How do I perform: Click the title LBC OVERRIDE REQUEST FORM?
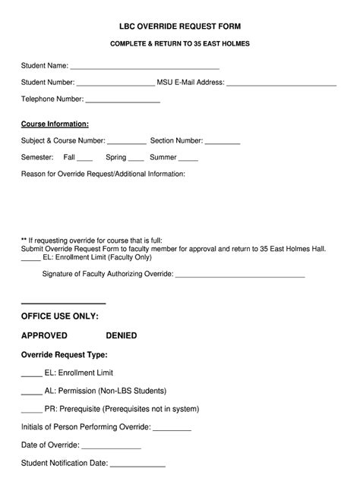point(180,26)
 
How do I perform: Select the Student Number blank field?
point(115,83)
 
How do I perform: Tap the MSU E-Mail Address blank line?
point(281,83)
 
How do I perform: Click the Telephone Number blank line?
point(122,100)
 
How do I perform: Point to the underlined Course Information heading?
point(55,124)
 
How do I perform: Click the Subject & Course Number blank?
point(126,142)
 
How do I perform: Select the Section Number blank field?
point(223,142)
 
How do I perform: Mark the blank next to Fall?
point(84,159)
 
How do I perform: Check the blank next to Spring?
point(136,159)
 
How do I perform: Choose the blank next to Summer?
point(188,159)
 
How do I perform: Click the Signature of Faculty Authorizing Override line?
point(240,275)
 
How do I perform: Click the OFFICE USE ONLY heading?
point(60,316)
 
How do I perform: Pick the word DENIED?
point(122,335)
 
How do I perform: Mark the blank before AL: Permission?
point(31,392)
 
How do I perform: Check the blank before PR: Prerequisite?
point(31,410)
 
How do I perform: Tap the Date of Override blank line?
point(111,447)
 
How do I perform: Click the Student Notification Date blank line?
point(137,464)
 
